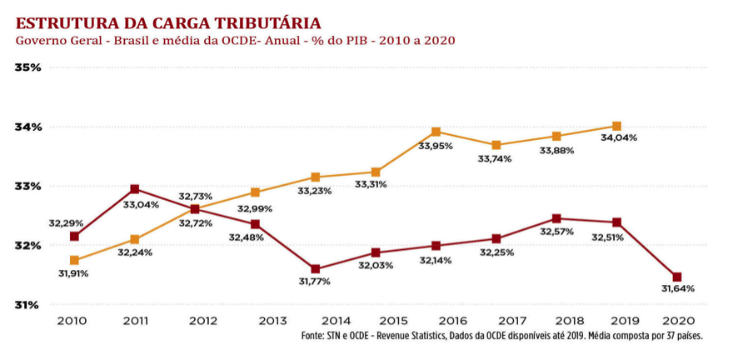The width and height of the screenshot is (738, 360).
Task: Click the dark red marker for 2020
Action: pyautogui.click(x=677, y=277)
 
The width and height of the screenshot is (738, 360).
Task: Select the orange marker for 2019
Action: pyautogui.click(x=616, y=126)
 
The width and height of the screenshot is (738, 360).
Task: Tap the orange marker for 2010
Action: pyautogui.click(x=75, y=260)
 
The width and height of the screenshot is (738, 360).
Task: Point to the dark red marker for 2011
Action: pyautogui.click(x=135, y=189)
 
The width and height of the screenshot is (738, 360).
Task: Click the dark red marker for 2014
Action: pyautogui.click(x=316, y=269)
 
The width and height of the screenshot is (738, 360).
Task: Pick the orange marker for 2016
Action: pyautogui.click(x=436, y=132)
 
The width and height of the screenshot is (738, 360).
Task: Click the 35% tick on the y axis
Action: pyautogui.click(x=27, y=67)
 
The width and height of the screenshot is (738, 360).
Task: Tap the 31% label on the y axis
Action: pyautogui.click(x=27, y=304)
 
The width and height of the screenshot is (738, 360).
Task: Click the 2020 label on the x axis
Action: pyautogui.click(x=677, y=321)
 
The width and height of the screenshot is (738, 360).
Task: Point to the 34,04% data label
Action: pyautogui.click(x=619, y=137)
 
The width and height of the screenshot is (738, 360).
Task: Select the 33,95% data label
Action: pyautogui.click(x=436, y=146)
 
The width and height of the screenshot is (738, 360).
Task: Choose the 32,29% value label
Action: pyautogui.click(x=66, y=223)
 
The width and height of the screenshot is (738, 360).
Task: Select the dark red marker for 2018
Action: pyautogui.click(x=556, y=219)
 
